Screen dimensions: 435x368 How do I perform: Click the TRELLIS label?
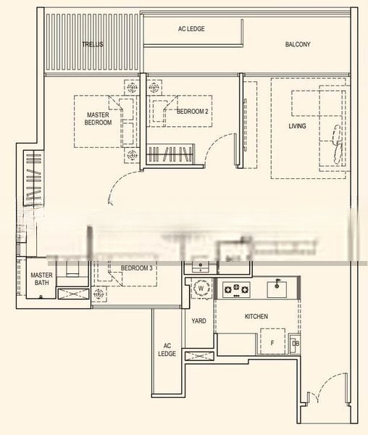click(92, 44)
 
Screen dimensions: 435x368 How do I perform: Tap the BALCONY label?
click(297, 44)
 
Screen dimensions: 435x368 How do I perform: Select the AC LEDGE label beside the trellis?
click(191, 29)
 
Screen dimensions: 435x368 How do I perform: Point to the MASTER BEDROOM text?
click(98, 119)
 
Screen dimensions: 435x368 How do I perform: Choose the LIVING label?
click(297, 126)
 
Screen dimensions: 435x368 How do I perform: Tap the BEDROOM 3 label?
click(136, 268)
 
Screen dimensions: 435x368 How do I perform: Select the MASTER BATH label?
click(41, 278)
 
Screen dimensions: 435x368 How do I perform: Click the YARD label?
click(198, 320)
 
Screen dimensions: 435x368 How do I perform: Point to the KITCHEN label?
click(256, 316)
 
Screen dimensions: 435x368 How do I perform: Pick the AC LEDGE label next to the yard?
click(167, 349)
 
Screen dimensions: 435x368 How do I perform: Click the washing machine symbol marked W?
click(201, 289)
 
